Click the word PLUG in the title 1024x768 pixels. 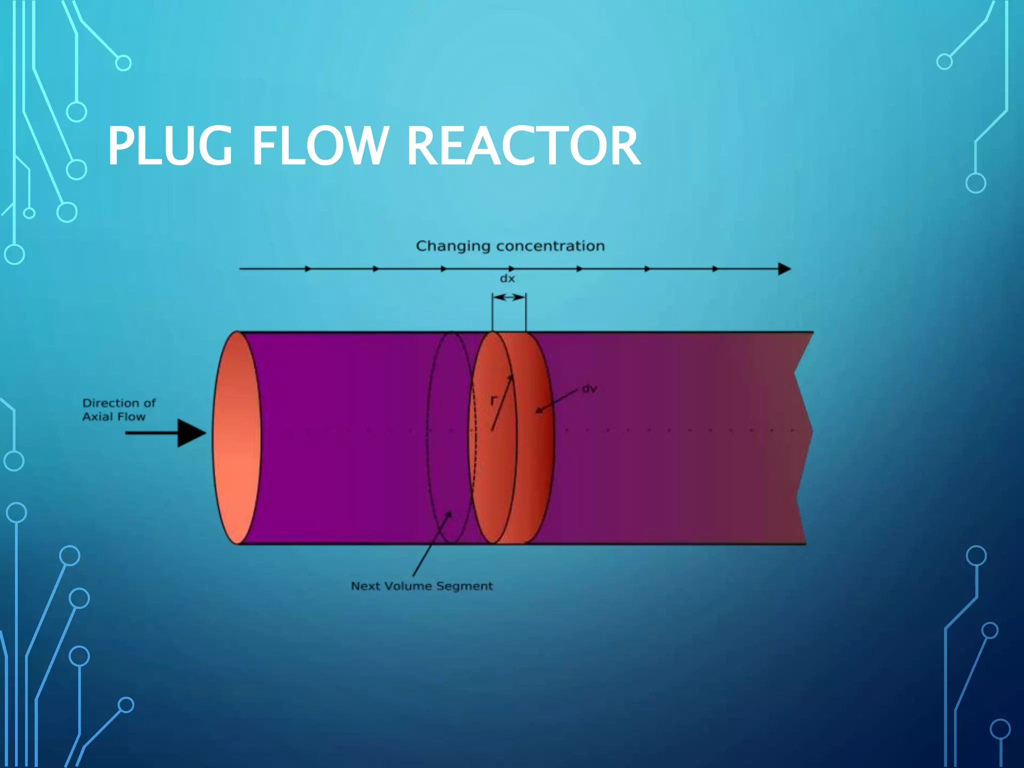(170, 146)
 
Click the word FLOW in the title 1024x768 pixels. (320, 146)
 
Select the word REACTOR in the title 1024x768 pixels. (523, 146)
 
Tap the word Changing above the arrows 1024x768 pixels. (453, 246)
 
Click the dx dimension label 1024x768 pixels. (507, 278)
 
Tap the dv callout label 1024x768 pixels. (589, 388)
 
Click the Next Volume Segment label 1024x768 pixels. (421, 586)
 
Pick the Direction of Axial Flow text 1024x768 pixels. (118, 410)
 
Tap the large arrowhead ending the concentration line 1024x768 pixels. (784, 269)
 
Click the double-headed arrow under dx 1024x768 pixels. (509, 297)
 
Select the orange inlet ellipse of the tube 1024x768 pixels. (236, 437)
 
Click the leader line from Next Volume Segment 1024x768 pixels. (431, 545)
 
